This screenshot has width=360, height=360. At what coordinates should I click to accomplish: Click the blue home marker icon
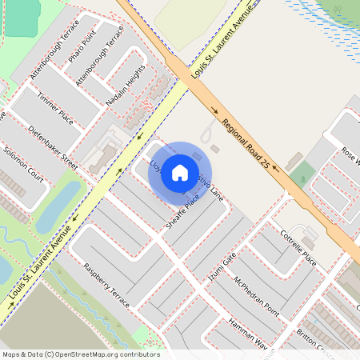[180, 172]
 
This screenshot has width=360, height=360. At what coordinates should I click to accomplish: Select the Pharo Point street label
[82, 48]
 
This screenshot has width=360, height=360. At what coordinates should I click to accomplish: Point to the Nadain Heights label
[126, 87]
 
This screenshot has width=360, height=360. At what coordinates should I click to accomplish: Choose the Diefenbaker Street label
[52, 146]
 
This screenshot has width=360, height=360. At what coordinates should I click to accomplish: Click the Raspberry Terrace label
[106, 280]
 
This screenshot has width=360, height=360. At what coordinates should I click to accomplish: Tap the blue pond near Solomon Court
[58, 206]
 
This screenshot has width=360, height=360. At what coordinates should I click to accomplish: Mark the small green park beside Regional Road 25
[302, 174]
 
